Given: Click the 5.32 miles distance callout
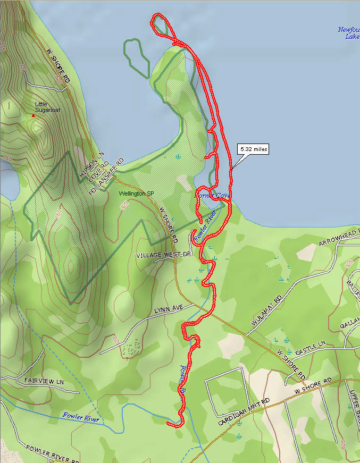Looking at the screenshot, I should click(253, 149).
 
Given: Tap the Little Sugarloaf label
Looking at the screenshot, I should click(45, 107).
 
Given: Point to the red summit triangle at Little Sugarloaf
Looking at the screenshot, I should click(33, 115).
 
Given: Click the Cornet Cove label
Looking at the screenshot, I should click(213, 196).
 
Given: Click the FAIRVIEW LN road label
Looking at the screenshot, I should click(44, 382).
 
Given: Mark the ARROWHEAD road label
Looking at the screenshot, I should click(338, 237).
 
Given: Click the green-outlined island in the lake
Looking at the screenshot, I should click(136, 56).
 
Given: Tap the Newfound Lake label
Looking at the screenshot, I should click(349, 33).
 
